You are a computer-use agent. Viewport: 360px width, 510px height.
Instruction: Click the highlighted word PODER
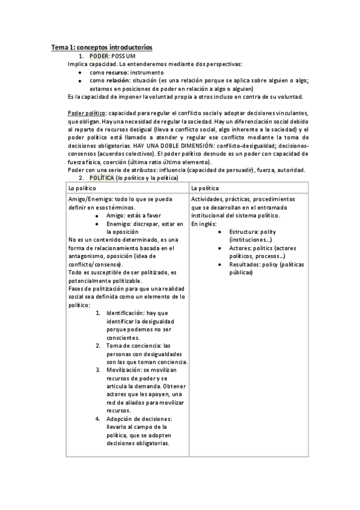tap(99, 55)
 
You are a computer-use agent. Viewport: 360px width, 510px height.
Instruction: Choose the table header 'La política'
tap(206, 188)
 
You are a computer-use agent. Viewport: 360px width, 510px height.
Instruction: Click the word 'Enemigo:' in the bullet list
tap(118, 224)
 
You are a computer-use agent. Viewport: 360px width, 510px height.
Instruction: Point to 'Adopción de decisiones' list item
tap(139, 419)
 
